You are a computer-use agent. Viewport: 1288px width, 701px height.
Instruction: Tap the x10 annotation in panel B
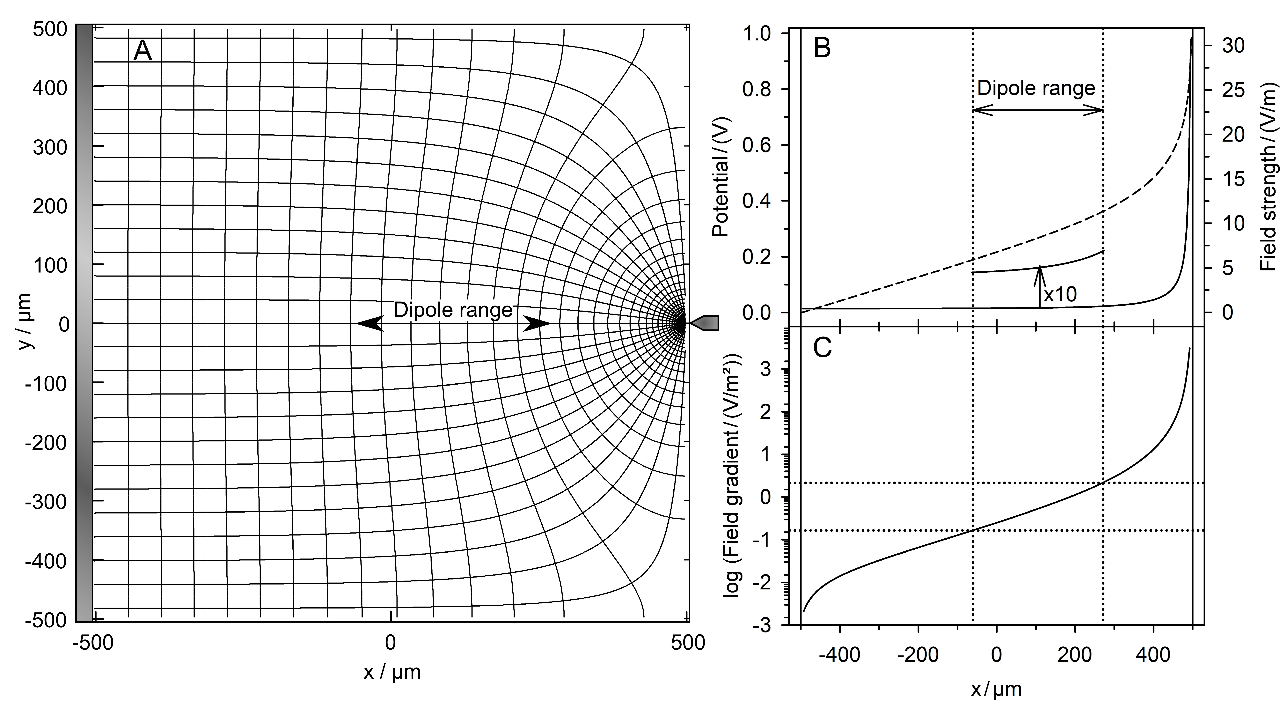click(1060, 294)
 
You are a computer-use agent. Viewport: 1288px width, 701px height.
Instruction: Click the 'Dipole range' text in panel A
click(453, 310)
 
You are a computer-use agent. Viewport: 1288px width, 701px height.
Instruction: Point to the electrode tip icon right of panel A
click(705, 323)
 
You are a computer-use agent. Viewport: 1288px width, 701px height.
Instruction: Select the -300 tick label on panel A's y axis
click(46, 501)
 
